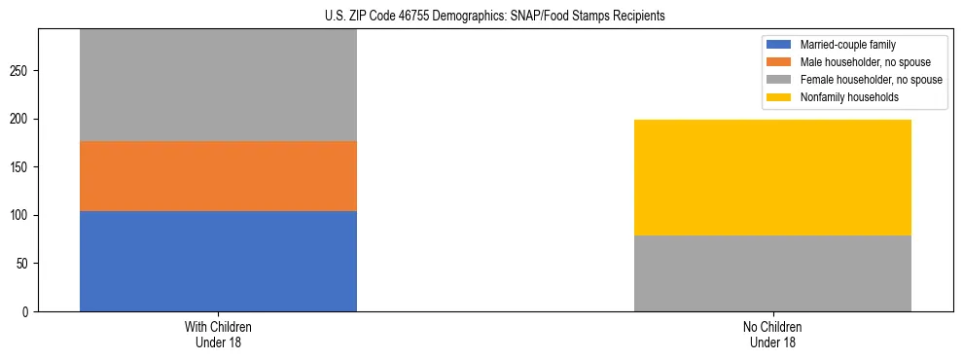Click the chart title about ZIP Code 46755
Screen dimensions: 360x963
click(x=481, y=17)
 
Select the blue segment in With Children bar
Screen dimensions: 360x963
click(x=218, y=261)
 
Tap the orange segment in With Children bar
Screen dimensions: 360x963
click(x=218, y=176)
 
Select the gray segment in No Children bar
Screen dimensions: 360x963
click(x=772, y=273)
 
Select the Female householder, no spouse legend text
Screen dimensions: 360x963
click(x=871, y=80)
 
